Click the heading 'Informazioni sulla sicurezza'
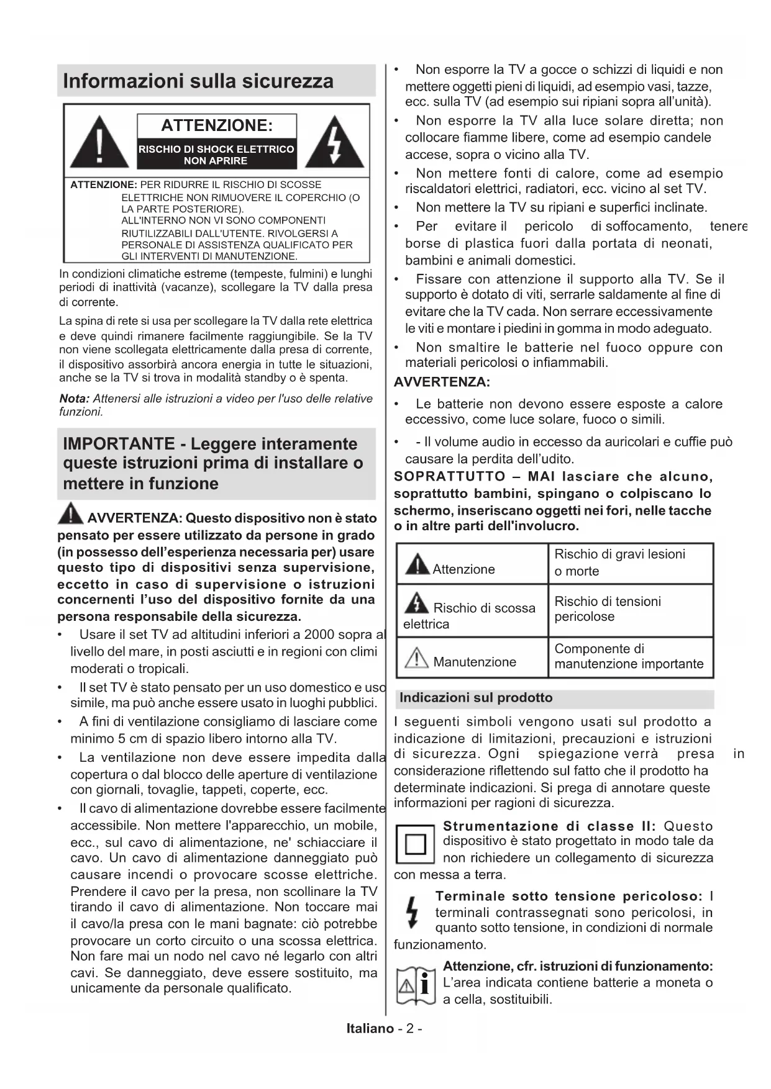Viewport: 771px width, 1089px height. click(x=198, y=81)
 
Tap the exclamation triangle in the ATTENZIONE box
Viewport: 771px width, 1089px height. click(x=100, y=143)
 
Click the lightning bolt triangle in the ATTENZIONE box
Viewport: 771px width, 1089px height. click(x=335, y=143)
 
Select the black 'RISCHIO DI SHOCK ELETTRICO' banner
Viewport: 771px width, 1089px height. click(x=216, y=155)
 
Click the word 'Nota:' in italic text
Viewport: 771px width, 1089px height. click(x=74, y=399)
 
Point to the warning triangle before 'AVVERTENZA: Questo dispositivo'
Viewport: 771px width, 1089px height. click(x=71, y=514)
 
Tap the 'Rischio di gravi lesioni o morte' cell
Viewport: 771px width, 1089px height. click(x=630, y=563)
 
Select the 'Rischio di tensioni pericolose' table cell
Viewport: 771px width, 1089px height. click(x=630, y=609)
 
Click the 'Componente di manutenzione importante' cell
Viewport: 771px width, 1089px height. click(x=630, y=656)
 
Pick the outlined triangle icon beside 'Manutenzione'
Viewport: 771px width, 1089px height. click(x=417, y=658)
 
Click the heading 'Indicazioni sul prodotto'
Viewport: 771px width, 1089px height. click(x=476, y=698)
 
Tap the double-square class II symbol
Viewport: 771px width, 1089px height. click(x=415, y=844)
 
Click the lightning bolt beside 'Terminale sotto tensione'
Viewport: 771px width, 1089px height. click(x=411, y=912)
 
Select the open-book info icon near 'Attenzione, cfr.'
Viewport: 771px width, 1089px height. click(x=415, y=984)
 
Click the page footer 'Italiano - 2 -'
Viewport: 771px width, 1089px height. click(x=385, y=1028)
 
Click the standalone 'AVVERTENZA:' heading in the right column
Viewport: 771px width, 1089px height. click(x=442, y=382)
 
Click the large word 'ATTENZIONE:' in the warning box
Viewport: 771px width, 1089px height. click(x=217, y=126)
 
